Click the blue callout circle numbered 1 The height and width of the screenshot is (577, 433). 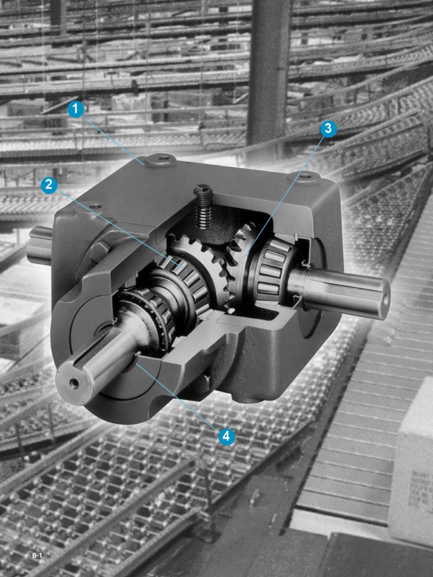click(x=76, y=109)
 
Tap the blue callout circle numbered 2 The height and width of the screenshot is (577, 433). click(x=49, y=185)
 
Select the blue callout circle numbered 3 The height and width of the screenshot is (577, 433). click(x=329, y=129)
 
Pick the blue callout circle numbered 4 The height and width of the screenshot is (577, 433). click(x=227, y=437)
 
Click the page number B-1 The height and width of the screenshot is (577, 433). click(x=37, y=556)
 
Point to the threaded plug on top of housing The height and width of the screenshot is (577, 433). click(x=203, y=206)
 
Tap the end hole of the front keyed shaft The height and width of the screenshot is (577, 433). click(x=74, y=384)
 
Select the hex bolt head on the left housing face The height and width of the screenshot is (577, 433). click(x=100, y=251)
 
